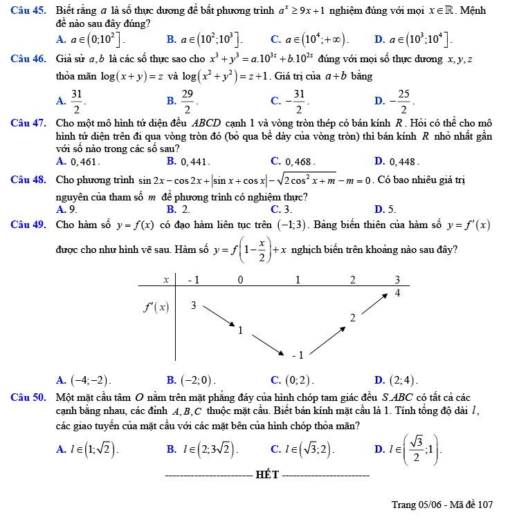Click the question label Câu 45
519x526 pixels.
click(x=28, y=10)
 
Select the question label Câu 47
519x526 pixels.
click(x=28, y=123)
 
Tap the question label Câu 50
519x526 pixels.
click(x=28, y=397)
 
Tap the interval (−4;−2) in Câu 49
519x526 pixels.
click(x=91, y=380)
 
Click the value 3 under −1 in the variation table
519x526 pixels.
click(x=194, y=306)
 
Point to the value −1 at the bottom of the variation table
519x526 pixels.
click(x=298, y=355)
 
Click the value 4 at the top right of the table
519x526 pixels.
click(x=397, y=293)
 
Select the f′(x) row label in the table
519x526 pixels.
click(x=156, y=307)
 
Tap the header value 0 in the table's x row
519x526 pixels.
click(x=240, y=280)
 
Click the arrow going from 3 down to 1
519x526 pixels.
click(x=219, y=315)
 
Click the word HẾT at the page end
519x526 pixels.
click(x=267, y=475)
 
